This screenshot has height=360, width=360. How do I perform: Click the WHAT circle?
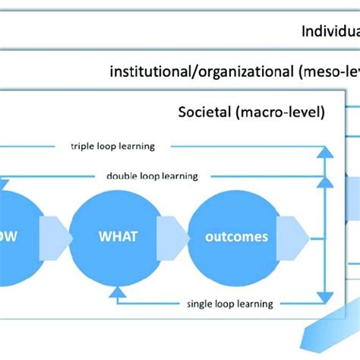click(118, 236)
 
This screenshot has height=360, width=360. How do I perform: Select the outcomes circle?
click(236, 236)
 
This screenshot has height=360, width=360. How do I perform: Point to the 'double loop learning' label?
click(152, 176)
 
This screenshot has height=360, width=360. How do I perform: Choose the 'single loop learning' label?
click(229, 304)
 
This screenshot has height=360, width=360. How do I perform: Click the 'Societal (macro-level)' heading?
click(251, 113)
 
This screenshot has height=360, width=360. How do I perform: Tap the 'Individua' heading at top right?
click(330, 31)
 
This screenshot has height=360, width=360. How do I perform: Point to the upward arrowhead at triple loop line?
click(324, 150)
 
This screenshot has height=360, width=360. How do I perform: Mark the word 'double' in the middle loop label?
click(123, 176)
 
